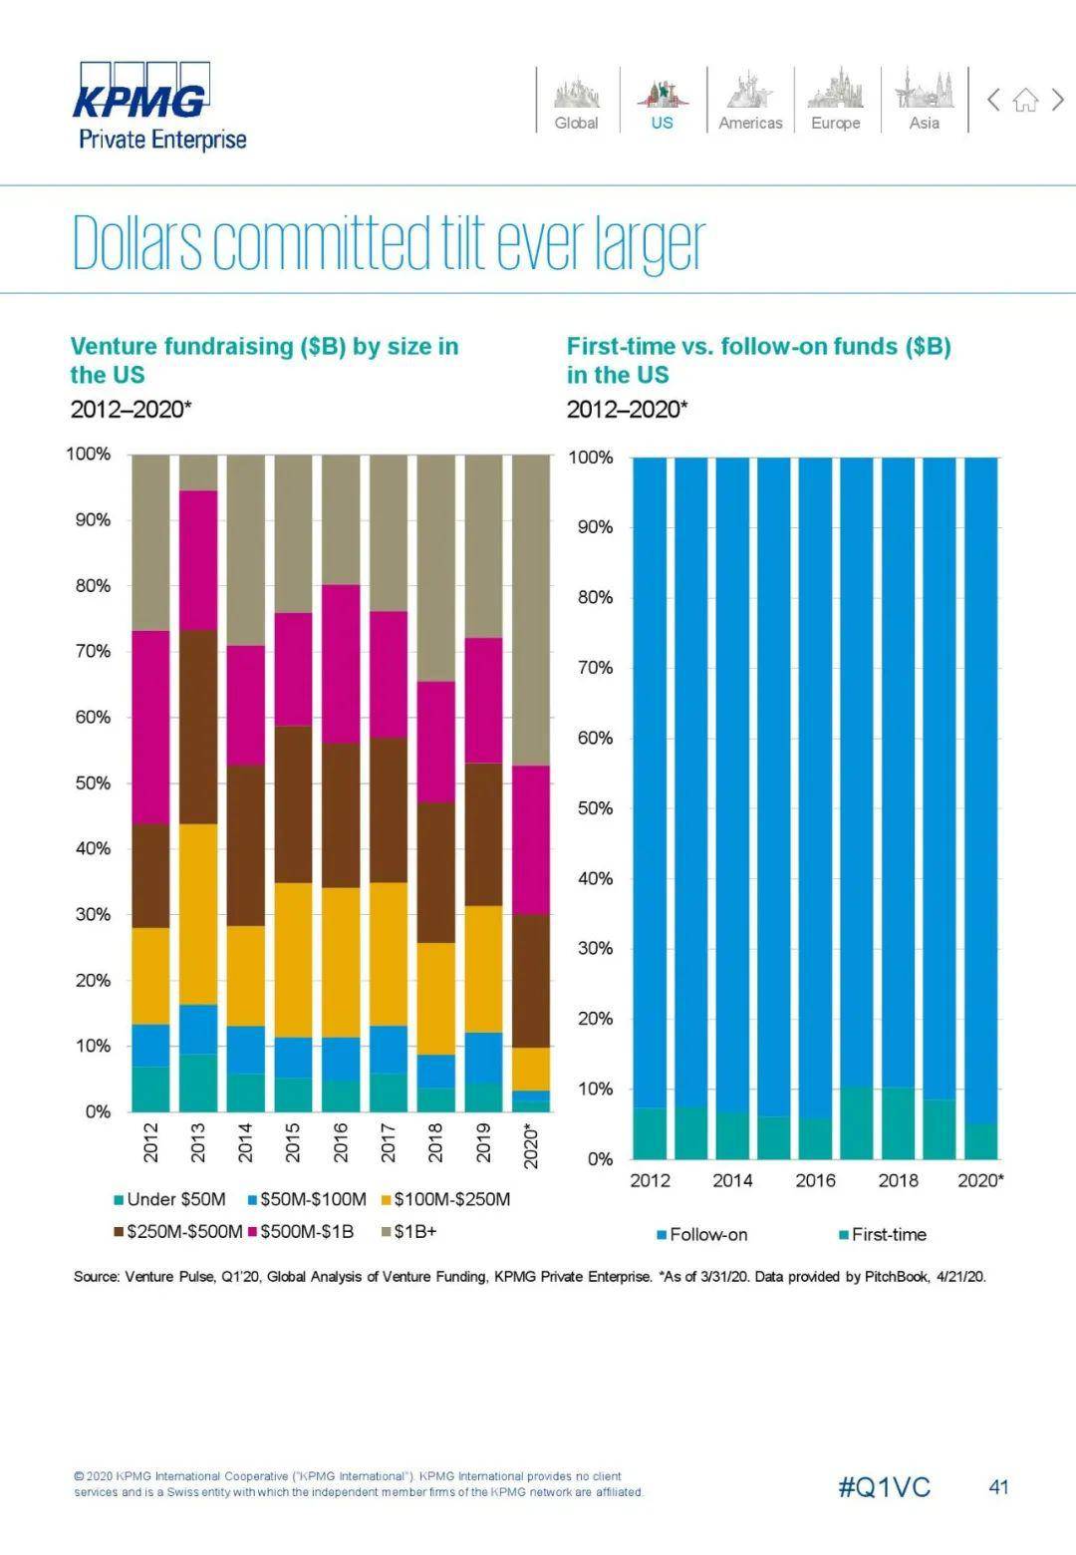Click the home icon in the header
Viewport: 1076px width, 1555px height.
[1025, 100]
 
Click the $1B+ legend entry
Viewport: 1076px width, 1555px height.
[409, 1231]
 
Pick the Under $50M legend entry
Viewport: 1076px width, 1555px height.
[169, 1199]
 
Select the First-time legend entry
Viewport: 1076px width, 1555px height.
[883, 1234]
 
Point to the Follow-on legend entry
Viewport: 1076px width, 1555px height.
[701, 1234]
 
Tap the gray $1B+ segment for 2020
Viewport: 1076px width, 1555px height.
[530, 608]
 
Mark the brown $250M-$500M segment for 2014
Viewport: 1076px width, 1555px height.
[245, 845]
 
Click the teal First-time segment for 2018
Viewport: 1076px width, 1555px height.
[898, 1123]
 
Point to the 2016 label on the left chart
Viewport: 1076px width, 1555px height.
[340, 1142]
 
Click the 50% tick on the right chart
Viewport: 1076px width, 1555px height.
[595, 808]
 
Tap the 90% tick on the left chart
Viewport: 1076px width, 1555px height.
[90, 520]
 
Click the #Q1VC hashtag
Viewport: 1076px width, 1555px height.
[884, 1488]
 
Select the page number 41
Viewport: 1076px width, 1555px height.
[998, 1487]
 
